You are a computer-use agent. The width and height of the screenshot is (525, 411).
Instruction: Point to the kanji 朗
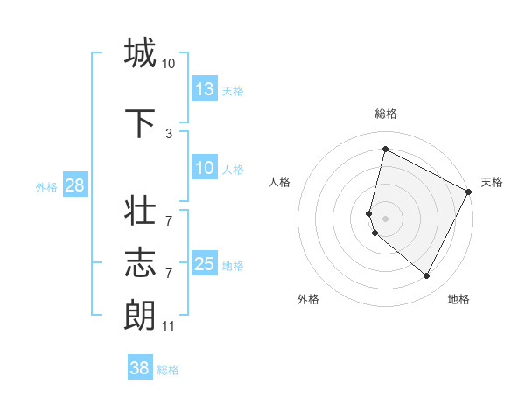tap(140, 314)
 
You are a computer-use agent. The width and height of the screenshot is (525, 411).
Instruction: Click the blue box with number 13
tap(205, 89)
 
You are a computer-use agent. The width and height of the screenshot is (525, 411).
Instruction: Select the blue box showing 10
tap(205, 169)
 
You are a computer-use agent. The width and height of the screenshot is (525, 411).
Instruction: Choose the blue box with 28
tap(74, 186)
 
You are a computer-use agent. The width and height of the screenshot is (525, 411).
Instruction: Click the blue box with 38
tap(140, 368)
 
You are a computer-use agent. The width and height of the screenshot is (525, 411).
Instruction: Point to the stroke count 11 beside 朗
tap(168, 326)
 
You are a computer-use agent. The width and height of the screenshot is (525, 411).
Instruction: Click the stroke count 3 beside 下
tap(168, 133)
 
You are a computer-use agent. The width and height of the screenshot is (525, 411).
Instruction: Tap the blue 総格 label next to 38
tap(168, 370)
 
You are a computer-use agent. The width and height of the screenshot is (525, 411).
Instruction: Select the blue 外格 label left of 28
tap(46, 187)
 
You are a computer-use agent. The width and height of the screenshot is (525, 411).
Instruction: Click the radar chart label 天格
tap(492, 182)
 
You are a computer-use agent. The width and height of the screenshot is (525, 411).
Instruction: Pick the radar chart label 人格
tap(279, 182)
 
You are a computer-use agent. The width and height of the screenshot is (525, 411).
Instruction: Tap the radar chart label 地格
tap(458, 299)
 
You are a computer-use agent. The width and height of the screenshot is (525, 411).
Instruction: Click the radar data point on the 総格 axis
tap(385, 149)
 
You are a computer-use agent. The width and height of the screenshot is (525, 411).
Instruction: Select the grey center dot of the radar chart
tap(386, 219)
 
